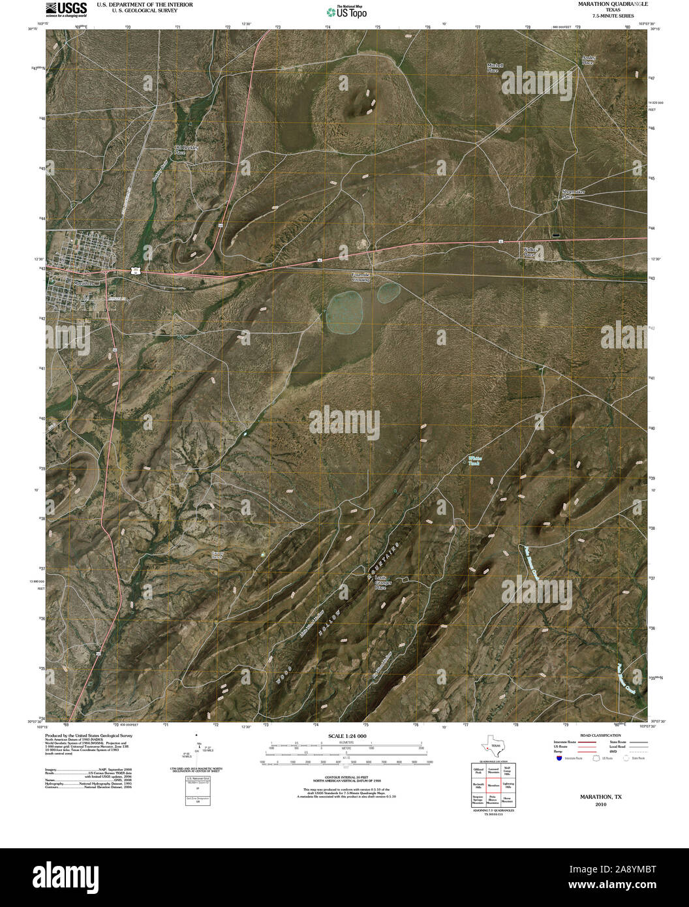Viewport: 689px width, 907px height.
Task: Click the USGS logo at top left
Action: click(x=66, y=8)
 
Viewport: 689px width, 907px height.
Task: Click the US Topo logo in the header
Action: click(x=346, y=11)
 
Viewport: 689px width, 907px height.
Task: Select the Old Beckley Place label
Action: click(x=185, y=149)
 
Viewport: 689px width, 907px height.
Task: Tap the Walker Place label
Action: click(x=531, y=251)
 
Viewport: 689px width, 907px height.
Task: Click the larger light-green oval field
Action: click(x=345, y=311)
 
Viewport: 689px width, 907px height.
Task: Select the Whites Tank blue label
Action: click(x=474, y=461)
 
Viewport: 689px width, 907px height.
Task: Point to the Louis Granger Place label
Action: click(x=380, y=583)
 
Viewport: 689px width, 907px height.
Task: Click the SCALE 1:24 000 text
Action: click(x=343, y=735)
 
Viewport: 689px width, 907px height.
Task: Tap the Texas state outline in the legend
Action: click(x=493, y=745)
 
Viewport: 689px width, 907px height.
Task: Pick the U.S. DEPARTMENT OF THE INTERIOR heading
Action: click(x=145, y=4)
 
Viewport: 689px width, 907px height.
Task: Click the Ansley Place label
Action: click(x=588, y=60)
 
